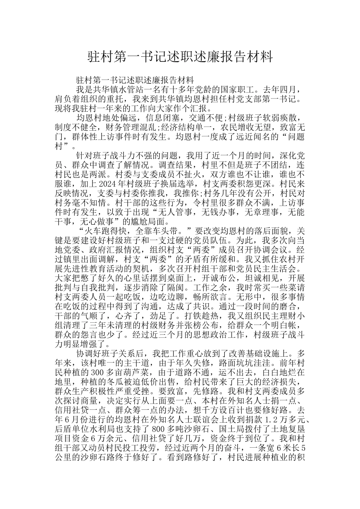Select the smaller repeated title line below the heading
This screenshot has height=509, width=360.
pos(135,80)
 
